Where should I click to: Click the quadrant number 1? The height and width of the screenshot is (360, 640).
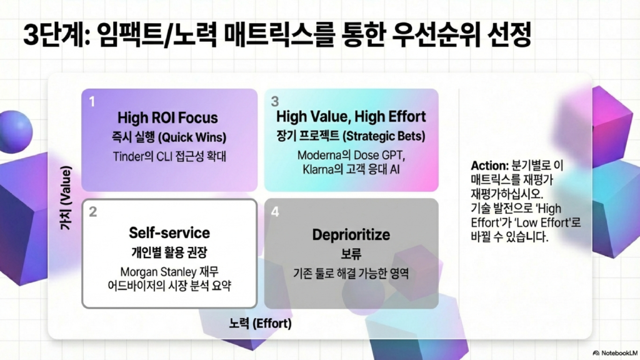click(x=92, y=101)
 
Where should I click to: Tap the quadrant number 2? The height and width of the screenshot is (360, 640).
click(x=93, y=212)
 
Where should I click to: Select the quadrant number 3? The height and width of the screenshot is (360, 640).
click(x=275, y=101)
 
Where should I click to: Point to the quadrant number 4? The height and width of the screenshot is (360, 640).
click(x=275, y=212)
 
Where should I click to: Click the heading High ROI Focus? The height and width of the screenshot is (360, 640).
click(x=167, y=118)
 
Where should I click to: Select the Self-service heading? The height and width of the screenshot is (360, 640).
click(x=169, y=232)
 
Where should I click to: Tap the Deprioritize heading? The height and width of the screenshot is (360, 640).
click(x=351, y=235)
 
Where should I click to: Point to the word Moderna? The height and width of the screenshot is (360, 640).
click(x=316, y=156)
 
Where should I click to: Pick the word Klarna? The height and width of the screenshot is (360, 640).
click(x=317, y=169)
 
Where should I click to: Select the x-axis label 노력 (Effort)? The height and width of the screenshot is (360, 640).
click(x=261, y=324)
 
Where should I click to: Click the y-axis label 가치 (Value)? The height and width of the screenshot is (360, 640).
click(x=66, y=197)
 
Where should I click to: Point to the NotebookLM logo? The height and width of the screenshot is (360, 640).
click(x=615, y=353)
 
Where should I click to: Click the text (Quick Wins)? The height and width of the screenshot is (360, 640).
click(x=192, y=137)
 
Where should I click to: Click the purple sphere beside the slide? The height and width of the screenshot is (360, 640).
click(x=16, y=131)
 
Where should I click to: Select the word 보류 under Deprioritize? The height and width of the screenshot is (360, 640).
click(x=351, y=254)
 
